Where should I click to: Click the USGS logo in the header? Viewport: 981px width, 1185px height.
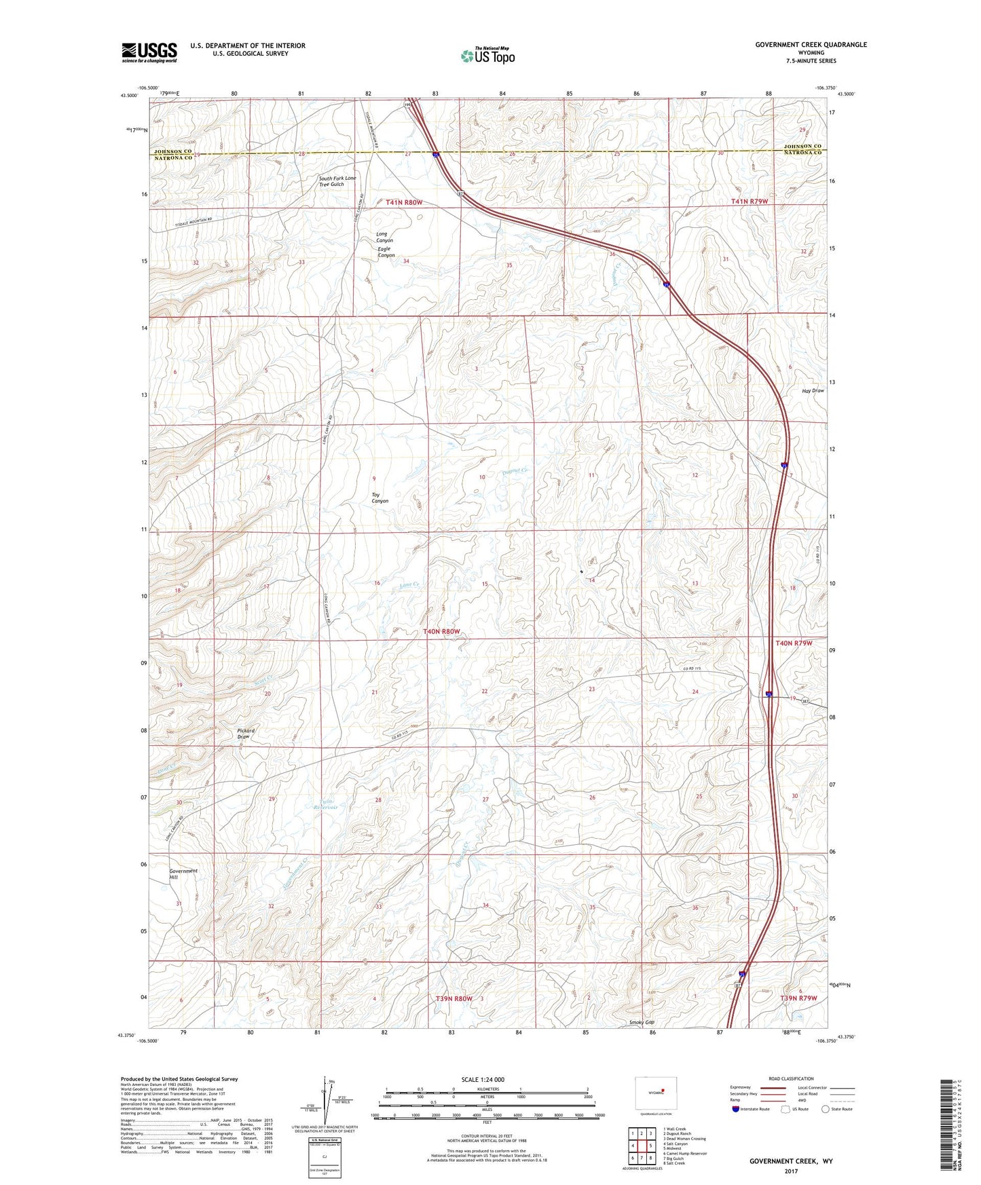[x=149, y=52]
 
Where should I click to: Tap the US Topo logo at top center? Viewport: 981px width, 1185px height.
[x=487, y=56]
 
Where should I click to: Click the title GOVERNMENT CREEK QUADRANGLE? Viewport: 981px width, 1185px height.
[x=811, y=45]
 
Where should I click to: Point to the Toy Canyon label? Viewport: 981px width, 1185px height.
[x=380, y=497]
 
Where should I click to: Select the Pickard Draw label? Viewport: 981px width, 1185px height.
[x=246, y=734]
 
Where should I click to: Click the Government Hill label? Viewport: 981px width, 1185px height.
[x=183, y=874]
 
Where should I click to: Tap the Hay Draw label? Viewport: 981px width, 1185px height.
[x=813, y=391]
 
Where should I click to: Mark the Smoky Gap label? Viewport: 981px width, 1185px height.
[x=642, y=1022]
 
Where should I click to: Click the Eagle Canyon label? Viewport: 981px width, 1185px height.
[x=386, y=252]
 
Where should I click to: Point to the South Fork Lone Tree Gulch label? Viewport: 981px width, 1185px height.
[x=337, y=181]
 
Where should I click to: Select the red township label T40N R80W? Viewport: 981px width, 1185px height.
[x=441, y=632]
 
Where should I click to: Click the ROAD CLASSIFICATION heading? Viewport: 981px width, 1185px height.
[x=792, y=1078]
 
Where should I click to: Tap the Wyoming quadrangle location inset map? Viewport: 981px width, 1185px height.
[x=654, y=1093]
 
